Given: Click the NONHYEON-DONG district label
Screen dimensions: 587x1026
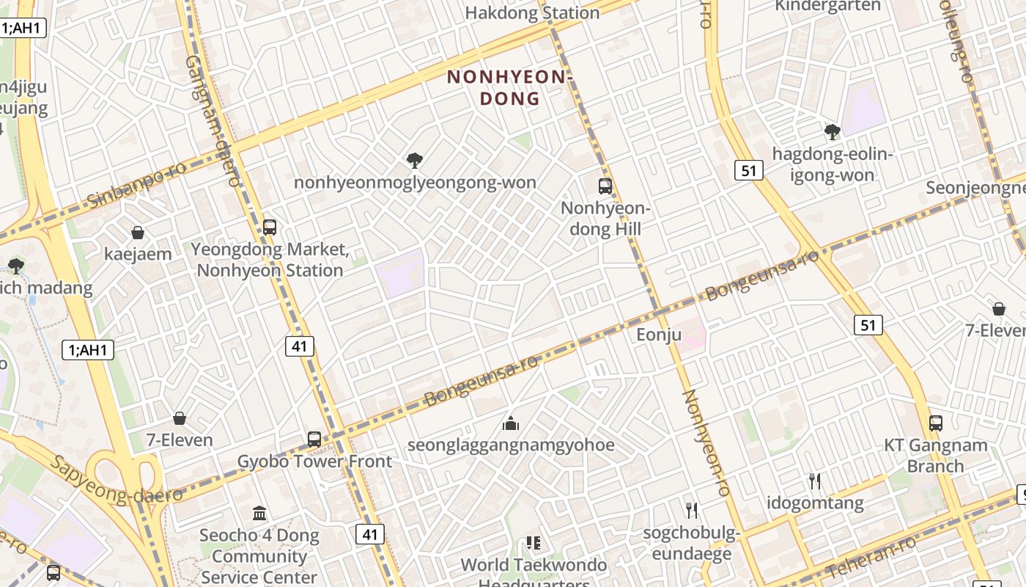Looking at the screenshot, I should click(509, 87).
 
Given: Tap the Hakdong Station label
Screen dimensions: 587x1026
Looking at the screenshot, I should click(532, 12).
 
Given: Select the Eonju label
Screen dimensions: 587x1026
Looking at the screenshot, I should click(659, 335).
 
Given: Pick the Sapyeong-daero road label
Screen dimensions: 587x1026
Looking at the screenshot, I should click(117, 481).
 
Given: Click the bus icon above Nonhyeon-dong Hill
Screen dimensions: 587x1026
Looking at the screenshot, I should click(605, 186).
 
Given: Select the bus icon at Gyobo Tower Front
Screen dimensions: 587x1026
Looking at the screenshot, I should click(314, 440).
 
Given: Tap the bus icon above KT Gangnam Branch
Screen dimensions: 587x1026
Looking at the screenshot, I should click(936, 423).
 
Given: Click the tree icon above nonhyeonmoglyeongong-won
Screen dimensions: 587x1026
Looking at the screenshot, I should click(415, 160).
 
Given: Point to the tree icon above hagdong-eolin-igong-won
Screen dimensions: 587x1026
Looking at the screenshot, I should click(833, 132).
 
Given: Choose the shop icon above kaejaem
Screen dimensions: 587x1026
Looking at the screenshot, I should click(138, 233).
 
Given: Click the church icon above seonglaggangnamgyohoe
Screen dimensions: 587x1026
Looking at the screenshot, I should click(511, 423).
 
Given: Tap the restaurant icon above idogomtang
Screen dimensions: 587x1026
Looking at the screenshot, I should click(815, 481).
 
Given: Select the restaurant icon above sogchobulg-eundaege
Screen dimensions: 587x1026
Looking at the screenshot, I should click(691, 510).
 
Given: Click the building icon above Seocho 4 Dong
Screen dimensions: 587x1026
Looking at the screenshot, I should click(259, 513).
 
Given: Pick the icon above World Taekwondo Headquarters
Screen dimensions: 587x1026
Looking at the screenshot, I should click(534, 543).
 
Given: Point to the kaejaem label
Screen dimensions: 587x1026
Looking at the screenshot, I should click(138, 254).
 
